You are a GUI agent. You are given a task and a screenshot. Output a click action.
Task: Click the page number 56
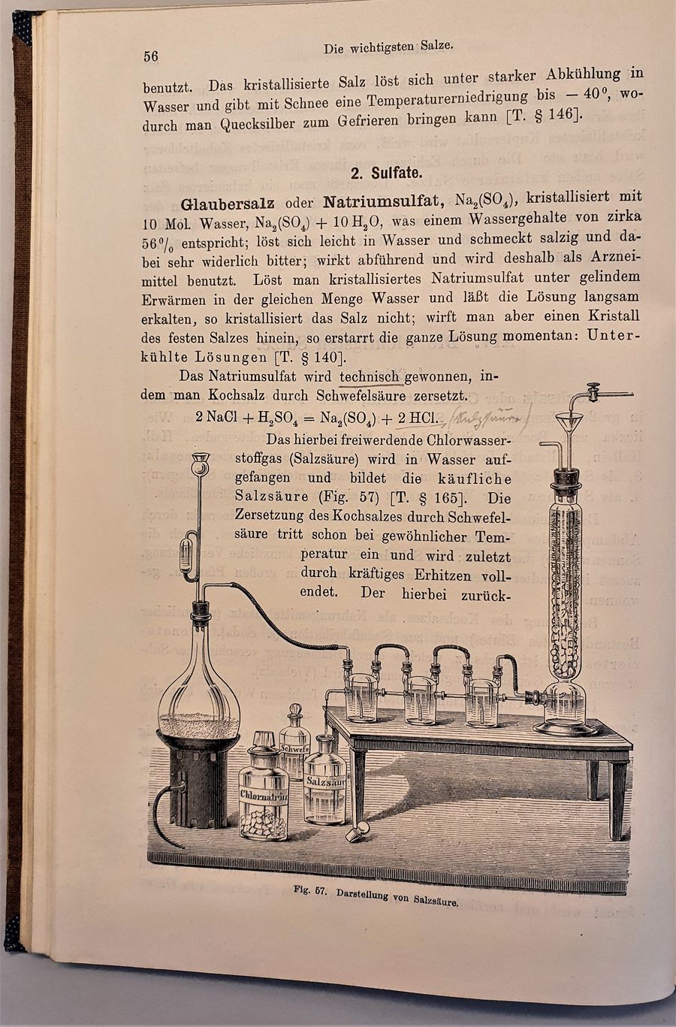(x=150, y=56)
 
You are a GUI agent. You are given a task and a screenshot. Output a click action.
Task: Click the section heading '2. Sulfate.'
(x=385, y=173)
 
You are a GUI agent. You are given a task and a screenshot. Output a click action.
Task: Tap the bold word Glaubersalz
(x=228, y=204)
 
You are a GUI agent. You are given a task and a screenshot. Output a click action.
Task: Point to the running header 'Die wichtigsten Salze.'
(x=388, y=47)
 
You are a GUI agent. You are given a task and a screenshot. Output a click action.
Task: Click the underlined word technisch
(x=370, y=376)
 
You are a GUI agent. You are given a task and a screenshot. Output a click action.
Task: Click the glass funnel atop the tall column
(x=570, y=426)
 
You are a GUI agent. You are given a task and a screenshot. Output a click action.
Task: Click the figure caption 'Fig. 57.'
(x=311, y=892)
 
